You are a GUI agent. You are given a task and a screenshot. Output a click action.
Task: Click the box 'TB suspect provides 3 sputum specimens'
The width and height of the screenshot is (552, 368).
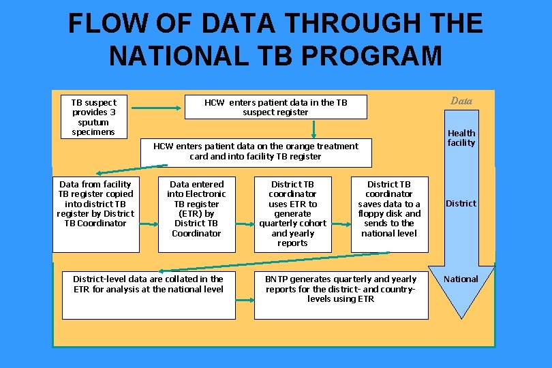point(93,117)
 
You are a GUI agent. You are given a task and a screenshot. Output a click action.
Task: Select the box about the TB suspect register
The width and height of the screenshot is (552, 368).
point(275,107)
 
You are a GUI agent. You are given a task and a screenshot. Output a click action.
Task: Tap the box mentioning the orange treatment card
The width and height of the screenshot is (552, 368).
point(256,152)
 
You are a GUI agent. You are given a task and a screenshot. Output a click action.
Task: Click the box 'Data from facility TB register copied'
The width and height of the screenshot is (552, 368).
point(95,214)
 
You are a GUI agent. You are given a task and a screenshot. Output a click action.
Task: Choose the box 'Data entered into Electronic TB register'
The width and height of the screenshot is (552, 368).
point(196,214)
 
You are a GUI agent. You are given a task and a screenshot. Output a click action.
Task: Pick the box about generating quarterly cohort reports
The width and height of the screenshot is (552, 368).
point(292,214)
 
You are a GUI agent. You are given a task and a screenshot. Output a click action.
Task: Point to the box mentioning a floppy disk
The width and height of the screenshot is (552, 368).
point(388,214)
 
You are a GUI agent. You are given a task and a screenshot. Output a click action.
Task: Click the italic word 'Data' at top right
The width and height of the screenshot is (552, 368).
point(461,101)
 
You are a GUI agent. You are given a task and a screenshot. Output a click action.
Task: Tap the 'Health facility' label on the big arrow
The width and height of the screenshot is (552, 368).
point(461,138)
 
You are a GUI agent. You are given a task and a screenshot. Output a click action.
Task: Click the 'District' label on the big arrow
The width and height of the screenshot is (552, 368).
point(461,203)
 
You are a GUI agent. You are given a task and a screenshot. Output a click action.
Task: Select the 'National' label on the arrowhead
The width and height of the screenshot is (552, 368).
point(461,279)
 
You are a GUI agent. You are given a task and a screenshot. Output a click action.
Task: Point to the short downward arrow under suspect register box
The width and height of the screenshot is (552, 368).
point(313,129)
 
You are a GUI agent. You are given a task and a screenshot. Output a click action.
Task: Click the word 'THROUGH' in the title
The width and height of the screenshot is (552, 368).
point(354,25)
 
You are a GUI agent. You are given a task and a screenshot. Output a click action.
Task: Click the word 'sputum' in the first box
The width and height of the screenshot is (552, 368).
point(93,122)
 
